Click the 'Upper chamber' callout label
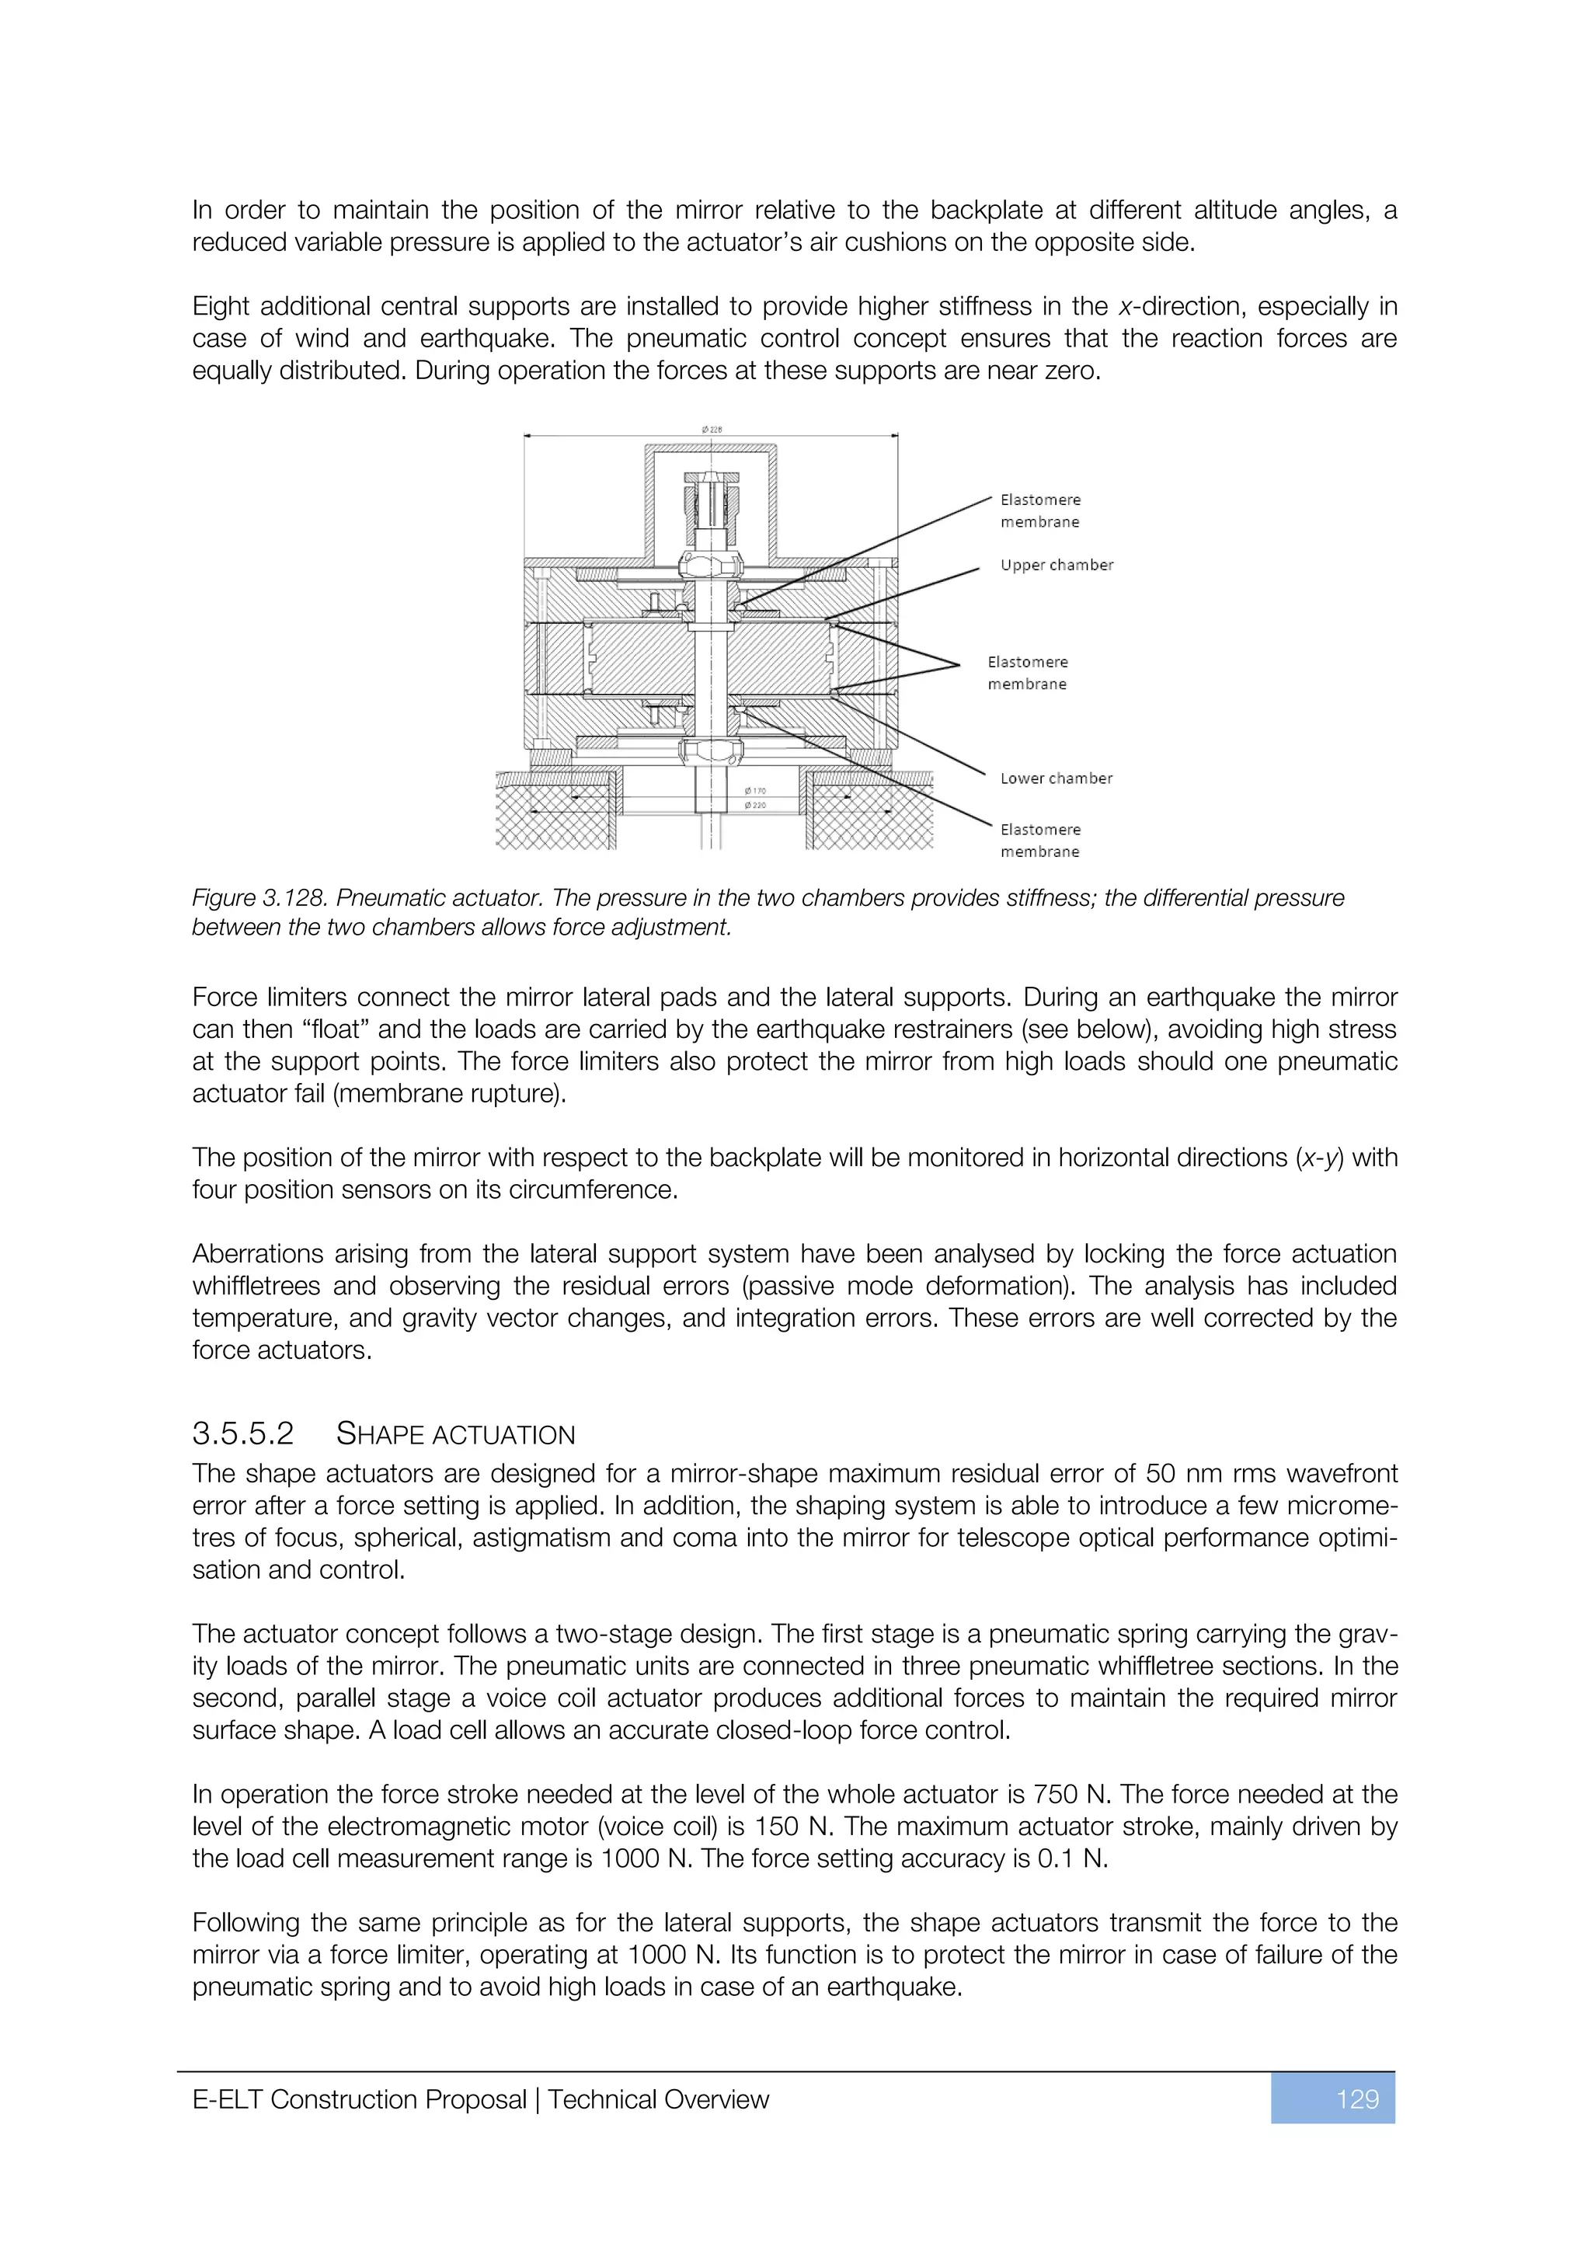[1056, 566]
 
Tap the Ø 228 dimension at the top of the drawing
[712, 429]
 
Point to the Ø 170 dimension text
[754, 791]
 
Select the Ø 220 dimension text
[754, 806]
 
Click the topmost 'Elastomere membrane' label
[1039, 510]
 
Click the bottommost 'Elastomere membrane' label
[1039, 841]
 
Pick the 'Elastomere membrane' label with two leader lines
[1027, 674]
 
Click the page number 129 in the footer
[1357, 2099]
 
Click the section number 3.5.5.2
[243, 1435]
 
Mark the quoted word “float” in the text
[332, 1030]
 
